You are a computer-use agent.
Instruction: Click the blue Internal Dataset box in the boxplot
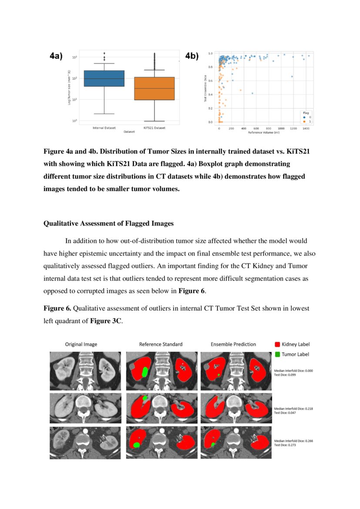(x=104, y=78)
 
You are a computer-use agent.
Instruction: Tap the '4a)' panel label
(x=56, y=56)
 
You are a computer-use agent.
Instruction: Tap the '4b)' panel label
(x=192, y=56)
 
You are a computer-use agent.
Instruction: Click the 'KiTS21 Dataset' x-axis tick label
(x=155, y=128)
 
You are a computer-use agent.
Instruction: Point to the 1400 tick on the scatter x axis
(x=306, y=129)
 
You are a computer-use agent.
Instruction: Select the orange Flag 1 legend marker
(x=304, y=121)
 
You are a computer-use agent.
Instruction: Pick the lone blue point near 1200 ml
(x=292, y=77)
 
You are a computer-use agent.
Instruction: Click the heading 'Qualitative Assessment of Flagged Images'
(x=108, y=223)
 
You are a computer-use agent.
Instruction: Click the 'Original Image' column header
(x=81, y=344)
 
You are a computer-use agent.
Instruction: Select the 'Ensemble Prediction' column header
(x=233, y=344)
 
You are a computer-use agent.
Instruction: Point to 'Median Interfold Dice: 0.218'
(x=294, y=409)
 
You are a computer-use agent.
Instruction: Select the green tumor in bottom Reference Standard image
(x=137, y=445)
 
